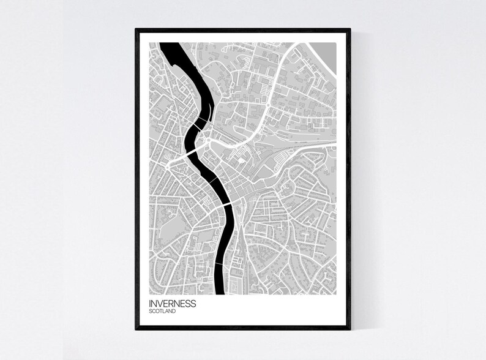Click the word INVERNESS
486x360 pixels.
click(172, 303)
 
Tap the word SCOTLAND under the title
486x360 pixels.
click(162, 312)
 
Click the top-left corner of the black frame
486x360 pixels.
click(136, 29)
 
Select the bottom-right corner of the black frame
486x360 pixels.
click(350, 329)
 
